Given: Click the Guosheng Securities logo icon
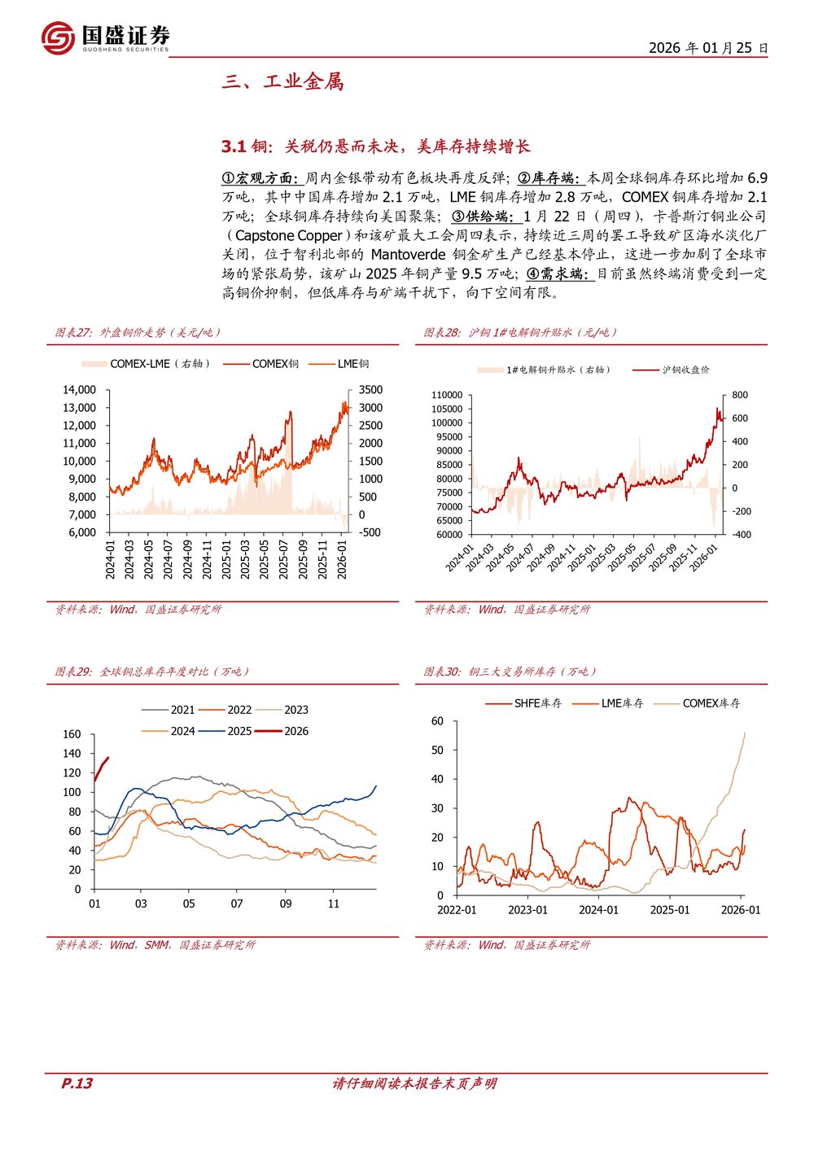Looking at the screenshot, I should [x=58, y=38].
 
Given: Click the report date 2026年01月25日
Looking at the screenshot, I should [x=708, y=48].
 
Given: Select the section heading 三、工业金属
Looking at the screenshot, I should [x=283, y=81].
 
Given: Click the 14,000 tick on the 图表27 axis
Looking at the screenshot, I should [x=80, y=390].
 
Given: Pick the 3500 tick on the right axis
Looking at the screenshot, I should [x=370, y=390].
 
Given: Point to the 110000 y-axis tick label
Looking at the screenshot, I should [x=447, y=395].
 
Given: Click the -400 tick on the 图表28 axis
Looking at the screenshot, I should [x=741, y=535].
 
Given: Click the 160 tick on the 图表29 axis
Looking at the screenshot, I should [x=72, y=734].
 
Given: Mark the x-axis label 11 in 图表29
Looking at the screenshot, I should [x=334, y=904].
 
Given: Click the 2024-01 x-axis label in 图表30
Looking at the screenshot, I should [x=598, y=910].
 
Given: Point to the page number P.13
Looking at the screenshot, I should [x=77, y=1083].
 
